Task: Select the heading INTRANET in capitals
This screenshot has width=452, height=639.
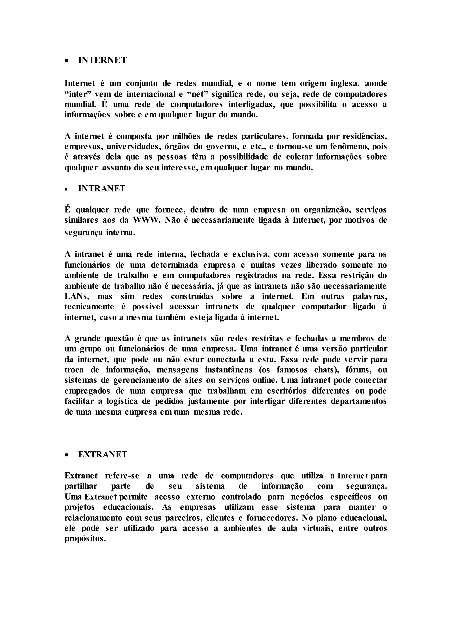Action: [102, 188]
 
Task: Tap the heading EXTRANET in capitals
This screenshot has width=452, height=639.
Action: [102, 455]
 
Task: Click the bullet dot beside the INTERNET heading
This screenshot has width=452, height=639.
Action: [66, 61]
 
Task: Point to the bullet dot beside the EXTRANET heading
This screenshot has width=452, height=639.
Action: [66, 455]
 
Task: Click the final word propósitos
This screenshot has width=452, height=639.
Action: [85, 539]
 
